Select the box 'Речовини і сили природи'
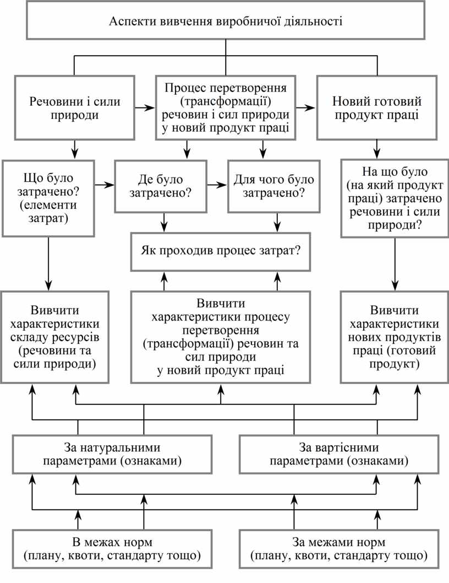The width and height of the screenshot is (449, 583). point(75,108)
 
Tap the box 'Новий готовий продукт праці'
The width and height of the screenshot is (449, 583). point(377,108)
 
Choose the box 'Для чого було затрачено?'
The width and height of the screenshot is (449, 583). point(273,186)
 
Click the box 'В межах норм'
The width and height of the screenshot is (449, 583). point(113,548)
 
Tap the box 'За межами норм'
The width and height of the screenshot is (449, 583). point(339,548)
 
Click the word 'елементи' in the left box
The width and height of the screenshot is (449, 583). point(50,205)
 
